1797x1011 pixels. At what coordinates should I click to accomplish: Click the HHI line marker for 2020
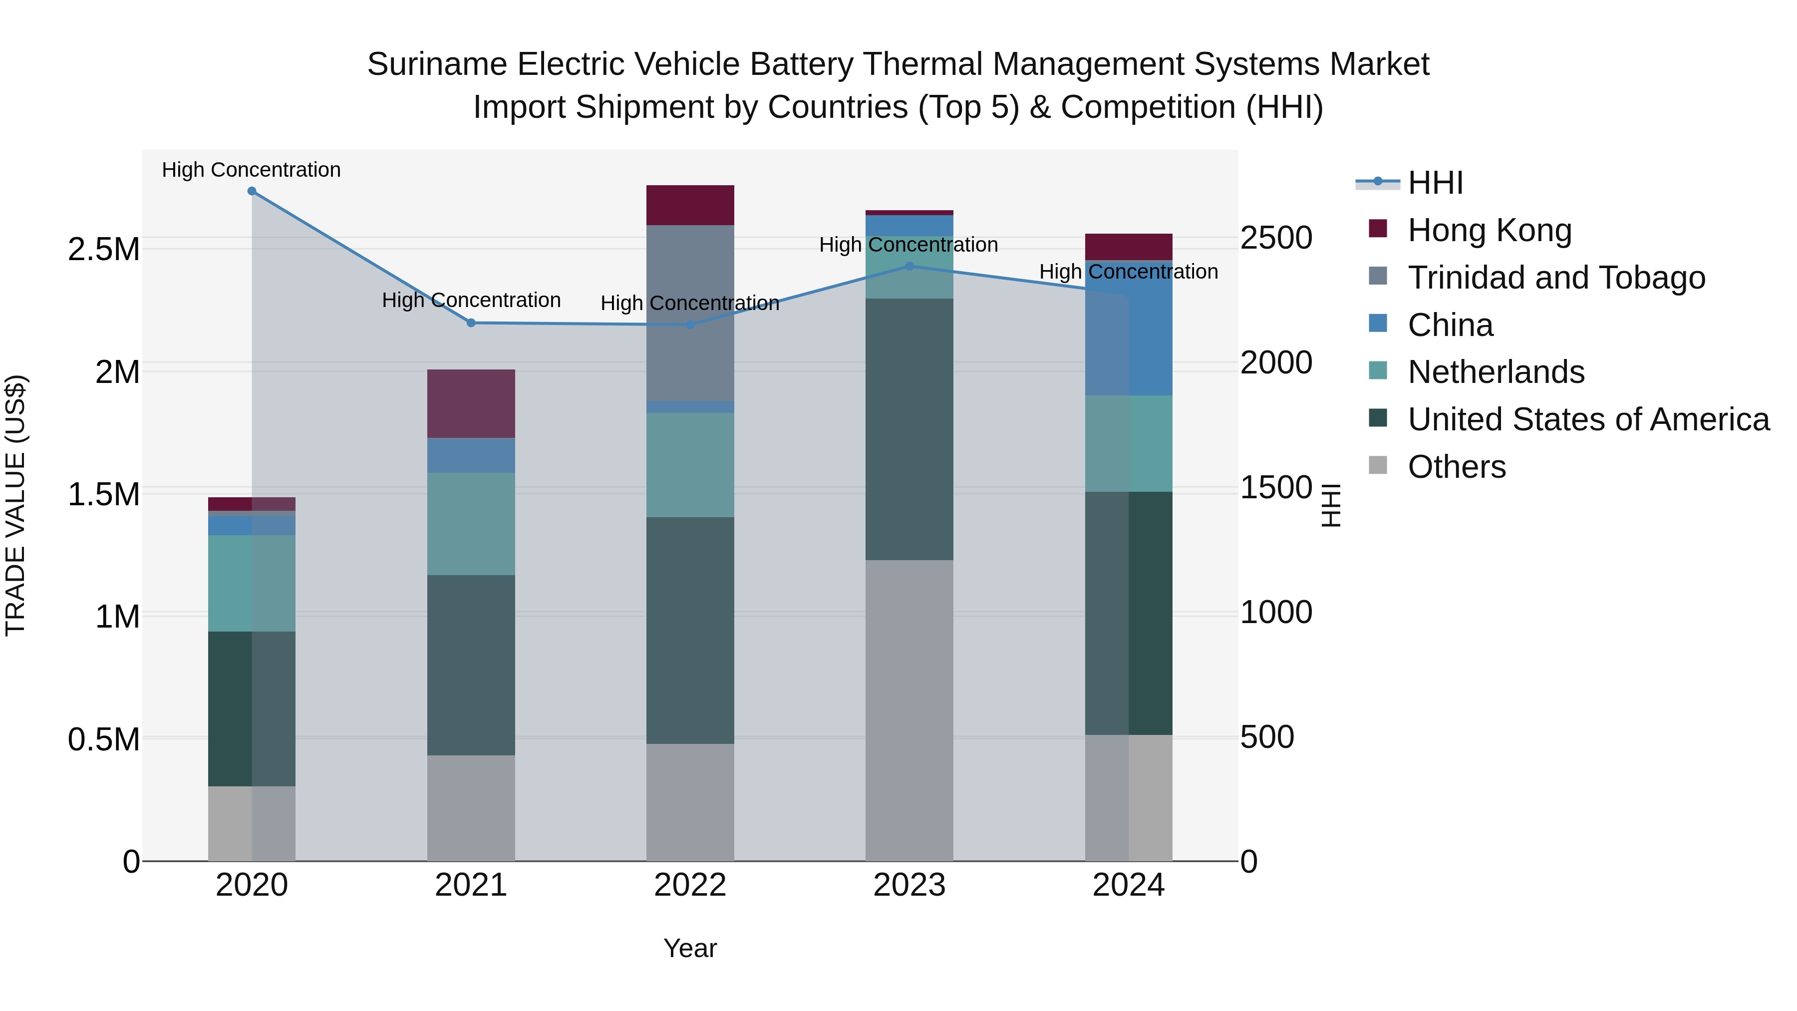[252, 191]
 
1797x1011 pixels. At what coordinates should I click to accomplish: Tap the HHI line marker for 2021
[471, 323]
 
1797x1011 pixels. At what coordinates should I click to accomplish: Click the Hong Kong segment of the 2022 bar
[690, 205]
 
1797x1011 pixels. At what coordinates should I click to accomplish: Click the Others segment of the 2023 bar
[909, 710]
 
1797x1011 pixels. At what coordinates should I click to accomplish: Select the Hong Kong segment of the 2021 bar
[471, 404]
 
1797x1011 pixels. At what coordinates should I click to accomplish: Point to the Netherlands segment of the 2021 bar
[471, 524]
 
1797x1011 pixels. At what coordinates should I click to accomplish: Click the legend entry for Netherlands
[1496, 372]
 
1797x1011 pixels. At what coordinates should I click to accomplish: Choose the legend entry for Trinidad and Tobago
[1555, 278]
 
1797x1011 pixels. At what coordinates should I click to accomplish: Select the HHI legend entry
[1435, 183]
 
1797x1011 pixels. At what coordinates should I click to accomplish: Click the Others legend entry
[1457, 467]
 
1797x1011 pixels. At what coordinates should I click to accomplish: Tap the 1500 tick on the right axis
[1276, 488]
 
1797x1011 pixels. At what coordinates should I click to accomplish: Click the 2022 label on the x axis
[690, 885]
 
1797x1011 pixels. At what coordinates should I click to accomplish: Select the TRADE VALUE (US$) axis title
[15, 505]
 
